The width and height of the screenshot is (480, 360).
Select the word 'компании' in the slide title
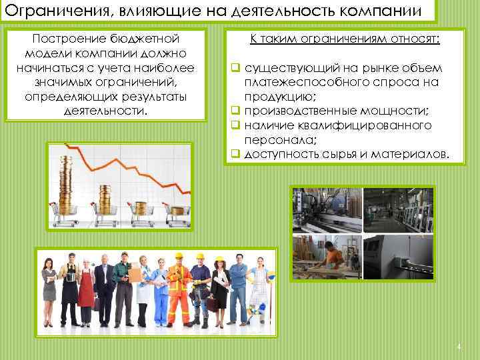tap(382, 11)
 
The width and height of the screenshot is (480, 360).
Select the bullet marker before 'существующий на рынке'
tap(235, 69)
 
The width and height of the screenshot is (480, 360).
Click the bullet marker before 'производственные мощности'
tap(235, 111)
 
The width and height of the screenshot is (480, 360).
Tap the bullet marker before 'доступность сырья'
tap(235, 155)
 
